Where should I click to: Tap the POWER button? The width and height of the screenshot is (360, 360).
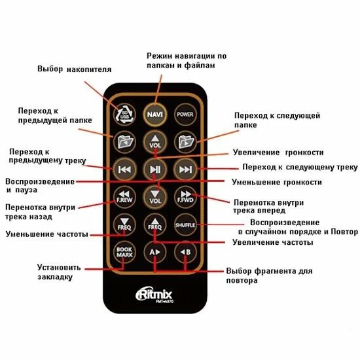coord(185,113)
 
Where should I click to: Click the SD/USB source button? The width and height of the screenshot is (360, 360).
coord(123,113)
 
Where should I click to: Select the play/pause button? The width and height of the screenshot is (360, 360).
coord(154,169)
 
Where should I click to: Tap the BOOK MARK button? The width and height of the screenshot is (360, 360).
coord(123,251)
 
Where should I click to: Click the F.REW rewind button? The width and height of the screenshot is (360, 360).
coord(123,196)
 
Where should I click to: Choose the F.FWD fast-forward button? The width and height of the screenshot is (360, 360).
coord(185,196)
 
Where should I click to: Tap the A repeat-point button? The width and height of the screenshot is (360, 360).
coord(154,251)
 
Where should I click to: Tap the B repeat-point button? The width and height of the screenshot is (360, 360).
coord(185,251)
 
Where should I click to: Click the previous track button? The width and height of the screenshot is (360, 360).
coord(123,169)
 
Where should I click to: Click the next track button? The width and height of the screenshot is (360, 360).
coord(185,169)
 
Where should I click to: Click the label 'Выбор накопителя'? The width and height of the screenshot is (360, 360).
coord(74,69)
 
